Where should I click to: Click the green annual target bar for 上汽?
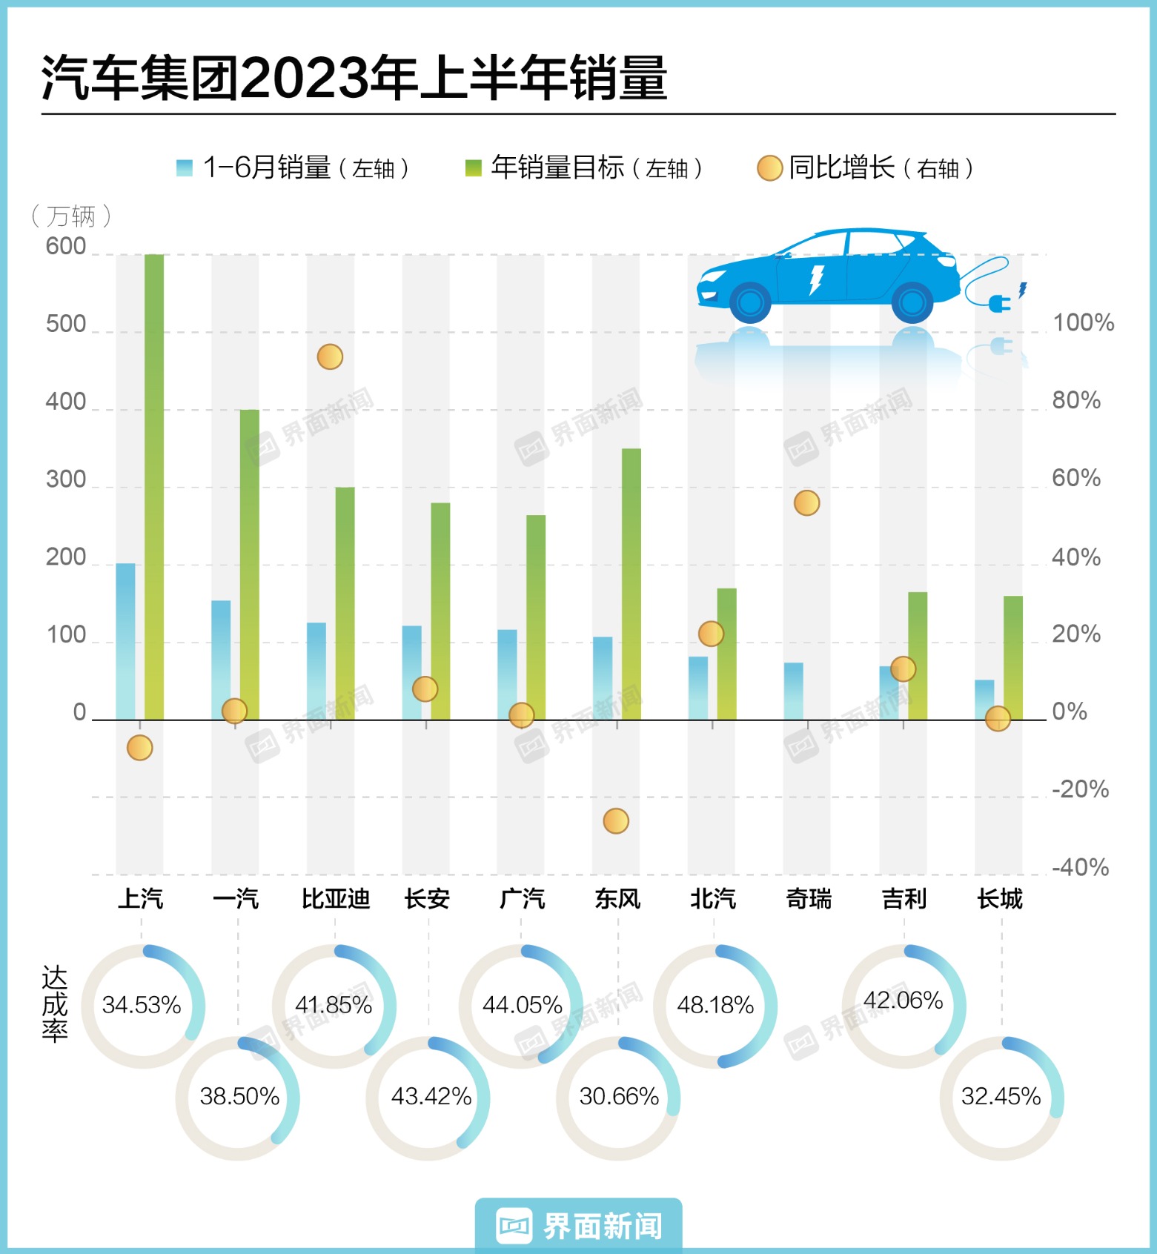[154, 486]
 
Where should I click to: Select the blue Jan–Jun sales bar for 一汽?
[221, 660]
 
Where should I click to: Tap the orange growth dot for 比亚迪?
[330, 357]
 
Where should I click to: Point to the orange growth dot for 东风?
[616, 821]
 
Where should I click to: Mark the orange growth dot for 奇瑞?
[806, 503]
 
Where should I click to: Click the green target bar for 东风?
[631, 584]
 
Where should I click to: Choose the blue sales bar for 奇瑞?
[793, 691]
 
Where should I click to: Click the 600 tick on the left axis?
[66, 247]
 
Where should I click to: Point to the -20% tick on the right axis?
[1080, 789]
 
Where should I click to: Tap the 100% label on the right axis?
[1083, 323]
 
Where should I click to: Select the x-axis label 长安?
[427, 899]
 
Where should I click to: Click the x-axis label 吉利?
[904, 899]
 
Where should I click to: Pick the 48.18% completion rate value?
[715, 1006]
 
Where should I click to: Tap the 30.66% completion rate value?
[619, 1097]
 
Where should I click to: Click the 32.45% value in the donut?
[1001, 1097]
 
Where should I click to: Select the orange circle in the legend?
[769, 168]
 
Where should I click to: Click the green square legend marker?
[473, 168]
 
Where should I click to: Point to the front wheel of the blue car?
[750, 302]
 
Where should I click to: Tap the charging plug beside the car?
[1000, 302]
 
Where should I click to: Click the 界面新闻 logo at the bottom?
[579, 1226]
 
